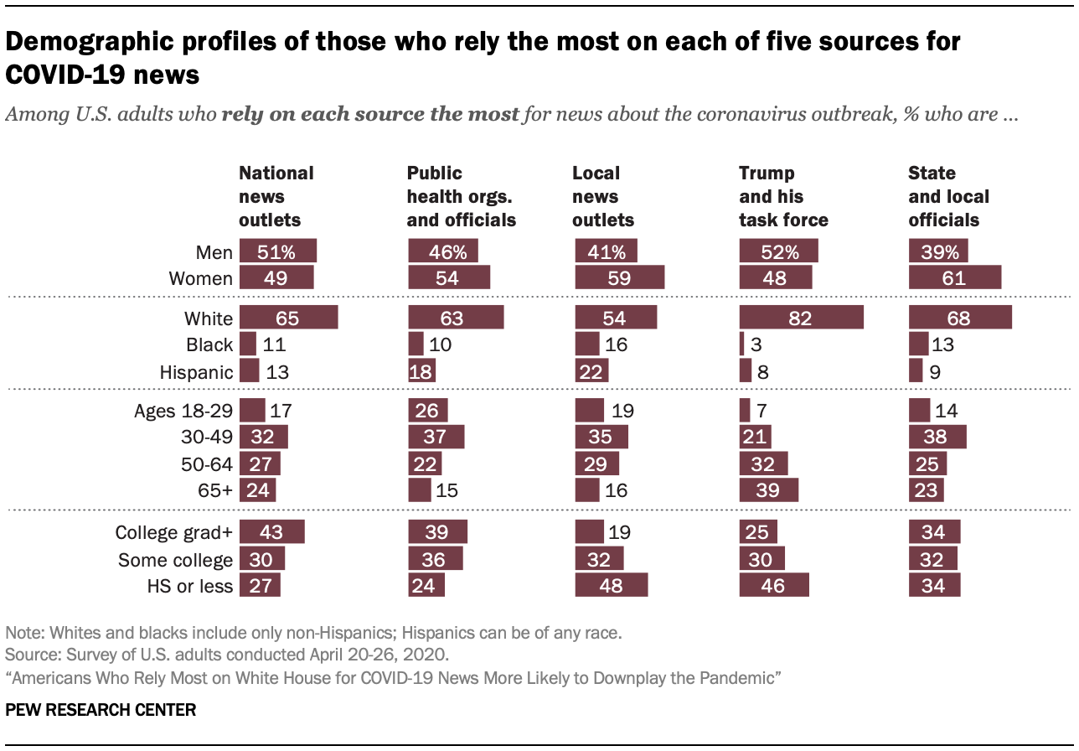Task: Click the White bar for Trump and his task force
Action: pyautogui.click(x=801, y=319)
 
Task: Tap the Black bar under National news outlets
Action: pyautogui.click(x=247, y=344)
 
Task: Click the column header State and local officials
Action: pyautogui.click(x=948, y=197)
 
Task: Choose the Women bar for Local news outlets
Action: pyautogui.click(x=619, y=278)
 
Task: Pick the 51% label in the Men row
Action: pyautogui.click(x=277, y=251)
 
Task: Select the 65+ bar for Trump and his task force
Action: pyautogui.click(x=769, y=489)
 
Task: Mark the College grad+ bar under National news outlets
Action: pyautogui.click(x=271, y=533)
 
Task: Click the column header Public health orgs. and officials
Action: pyautogui.click(x=461, y=197)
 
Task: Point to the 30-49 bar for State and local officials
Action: pyautogui.click(x=937, y=437)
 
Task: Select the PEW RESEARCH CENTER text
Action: pyautogui.click(x=101, y=710)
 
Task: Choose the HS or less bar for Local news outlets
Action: pyautogui.click(x=612, y=586)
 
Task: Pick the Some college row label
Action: pyautogui.click(x=175, y=560)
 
